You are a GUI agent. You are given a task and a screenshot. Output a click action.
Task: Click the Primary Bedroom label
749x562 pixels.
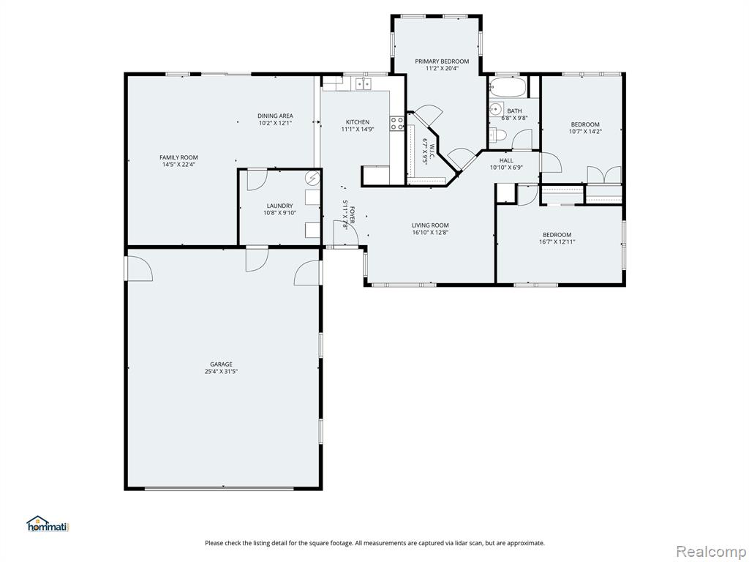tap(442, 61)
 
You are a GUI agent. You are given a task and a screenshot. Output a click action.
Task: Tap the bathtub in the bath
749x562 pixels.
tap(507, 88)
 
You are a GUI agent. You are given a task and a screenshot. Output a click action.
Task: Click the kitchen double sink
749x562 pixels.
tap(364, 85)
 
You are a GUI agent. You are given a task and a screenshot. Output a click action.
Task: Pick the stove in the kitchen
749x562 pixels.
tap(396, 123)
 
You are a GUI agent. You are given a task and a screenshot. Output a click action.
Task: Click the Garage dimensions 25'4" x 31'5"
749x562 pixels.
tap(221, 371)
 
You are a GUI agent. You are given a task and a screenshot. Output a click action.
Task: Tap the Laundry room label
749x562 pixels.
tap(280, 206)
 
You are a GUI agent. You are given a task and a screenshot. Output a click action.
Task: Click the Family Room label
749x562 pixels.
tap(178, 157)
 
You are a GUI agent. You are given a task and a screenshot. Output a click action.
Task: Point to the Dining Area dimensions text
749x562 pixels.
tap(275, 123)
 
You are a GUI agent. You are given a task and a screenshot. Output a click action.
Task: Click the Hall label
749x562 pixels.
tap(506, 160)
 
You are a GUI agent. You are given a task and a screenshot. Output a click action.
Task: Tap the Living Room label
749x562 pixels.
tap(430, 225)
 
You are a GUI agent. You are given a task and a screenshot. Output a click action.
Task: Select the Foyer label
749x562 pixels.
tap(353, 215)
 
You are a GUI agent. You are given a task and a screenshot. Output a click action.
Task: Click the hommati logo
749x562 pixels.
tap(48, 524)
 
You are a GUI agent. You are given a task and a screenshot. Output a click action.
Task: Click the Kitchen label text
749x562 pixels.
tap(358, 122)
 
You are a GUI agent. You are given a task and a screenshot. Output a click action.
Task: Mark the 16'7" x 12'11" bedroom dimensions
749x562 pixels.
tap(557, 241)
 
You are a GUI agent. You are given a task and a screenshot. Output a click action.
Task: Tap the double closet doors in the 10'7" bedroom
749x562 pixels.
tap(604, 174)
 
